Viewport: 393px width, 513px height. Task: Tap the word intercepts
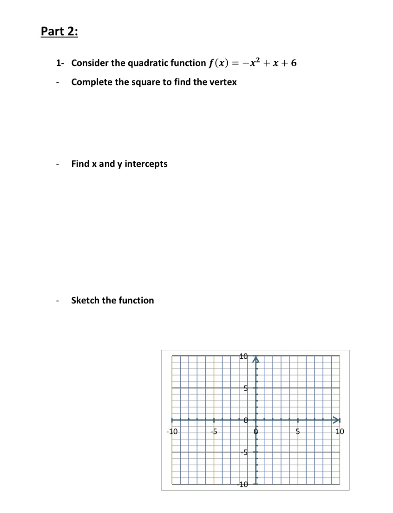point(146,164)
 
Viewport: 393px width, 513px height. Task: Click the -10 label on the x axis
point(172,432)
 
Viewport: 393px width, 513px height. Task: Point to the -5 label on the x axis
point(214,432)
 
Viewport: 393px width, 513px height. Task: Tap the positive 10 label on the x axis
point(339,432)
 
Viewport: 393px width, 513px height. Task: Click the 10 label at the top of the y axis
point(244,357)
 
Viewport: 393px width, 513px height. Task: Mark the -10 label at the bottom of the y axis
point(243,484)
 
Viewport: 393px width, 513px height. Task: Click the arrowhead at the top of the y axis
point(255,359)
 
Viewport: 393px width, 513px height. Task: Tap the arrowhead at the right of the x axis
point(336,420)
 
